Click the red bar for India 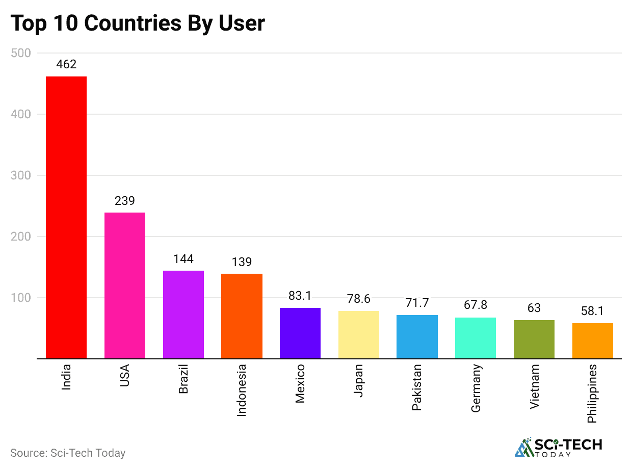pos(66,217)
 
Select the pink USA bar pos(125,285)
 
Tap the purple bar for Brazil pos(183,315)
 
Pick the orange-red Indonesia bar pos(242,316)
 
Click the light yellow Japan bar pos(359,334)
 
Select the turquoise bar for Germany pos(476,338)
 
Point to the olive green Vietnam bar pos(534,339)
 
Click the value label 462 pos(66,65)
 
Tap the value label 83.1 pos(300,296)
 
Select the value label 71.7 pos(417,303)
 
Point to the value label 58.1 pos(592,311)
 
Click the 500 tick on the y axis pos(20,53)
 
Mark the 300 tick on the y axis pos(20,175)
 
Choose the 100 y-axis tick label pos(20,298)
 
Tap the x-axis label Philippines pos(592,393)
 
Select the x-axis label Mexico pos(300,383)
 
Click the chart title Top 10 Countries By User pos(138,23)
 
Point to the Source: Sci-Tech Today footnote pos(68,453)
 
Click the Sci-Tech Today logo pos(559,447)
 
